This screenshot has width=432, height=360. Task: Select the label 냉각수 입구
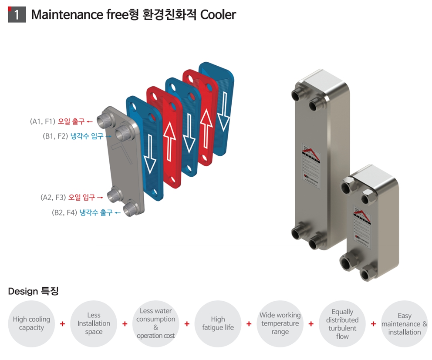(87, 136)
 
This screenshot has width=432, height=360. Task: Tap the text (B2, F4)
(64, 213)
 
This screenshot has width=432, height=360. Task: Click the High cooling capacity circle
(31, 323)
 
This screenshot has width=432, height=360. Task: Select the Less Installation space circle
(94, 323)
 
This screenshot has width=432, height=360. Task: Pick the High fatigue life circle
(218, 323)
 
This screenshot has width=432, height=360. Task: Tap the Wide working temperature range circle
(280, 323)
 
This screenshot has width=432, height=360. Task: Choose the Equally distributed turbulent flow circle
(342, 323)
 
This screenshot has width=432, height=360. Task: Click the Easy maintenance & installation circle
(404, 323)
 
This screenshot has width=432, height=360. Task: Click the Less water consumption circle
(156, 323)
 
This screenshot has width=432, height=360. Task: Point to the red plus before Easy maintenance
(373, 323)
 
